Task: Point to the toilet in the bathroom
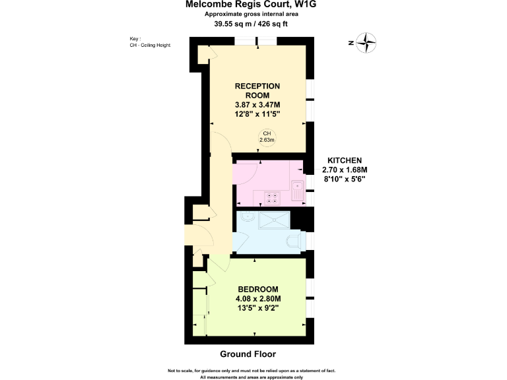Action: click(293, 241)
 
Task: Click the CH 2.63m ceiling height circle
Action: click(267, 137)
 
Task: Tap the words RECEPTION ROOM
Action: click(257, 90)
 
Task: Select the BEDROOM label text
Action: click(258, 289)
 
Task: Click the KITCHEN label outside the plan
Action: click(345, 160)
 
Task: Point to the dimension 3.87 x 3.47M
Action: click(257, 104)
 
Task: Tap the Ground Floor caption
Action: click(248, 354)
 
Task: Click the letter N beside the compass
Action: click(351, 44)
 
